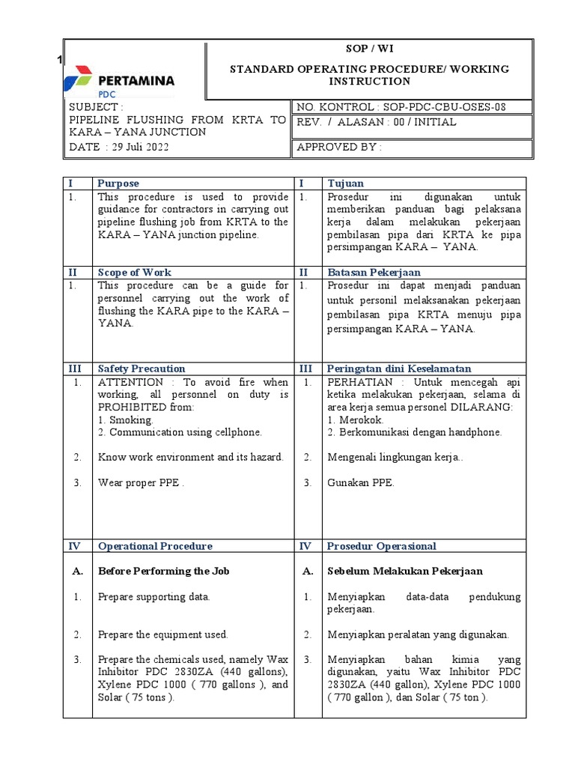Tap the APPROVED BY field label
339,147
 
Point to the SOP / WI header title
368,49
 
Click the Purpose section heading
118,184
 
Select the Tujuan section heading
345,184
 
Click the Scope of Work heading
136,273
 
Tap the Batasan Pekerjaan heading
374,273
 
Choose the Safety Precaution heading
142,369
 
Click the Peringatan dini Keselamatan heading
399,369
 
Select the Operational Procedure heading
155,546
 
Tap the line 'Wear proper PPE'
140,482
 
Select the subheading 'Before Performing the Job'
163,571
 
